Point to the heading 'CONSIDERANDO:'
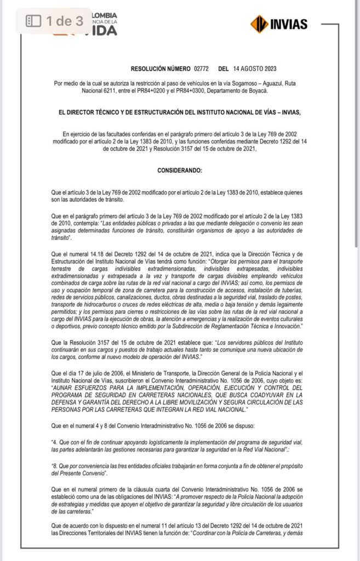click(180, 170)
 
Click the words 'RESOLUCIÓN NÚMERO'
click(160, 69)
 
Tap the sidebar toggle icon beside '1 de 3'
click(34, 21)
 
